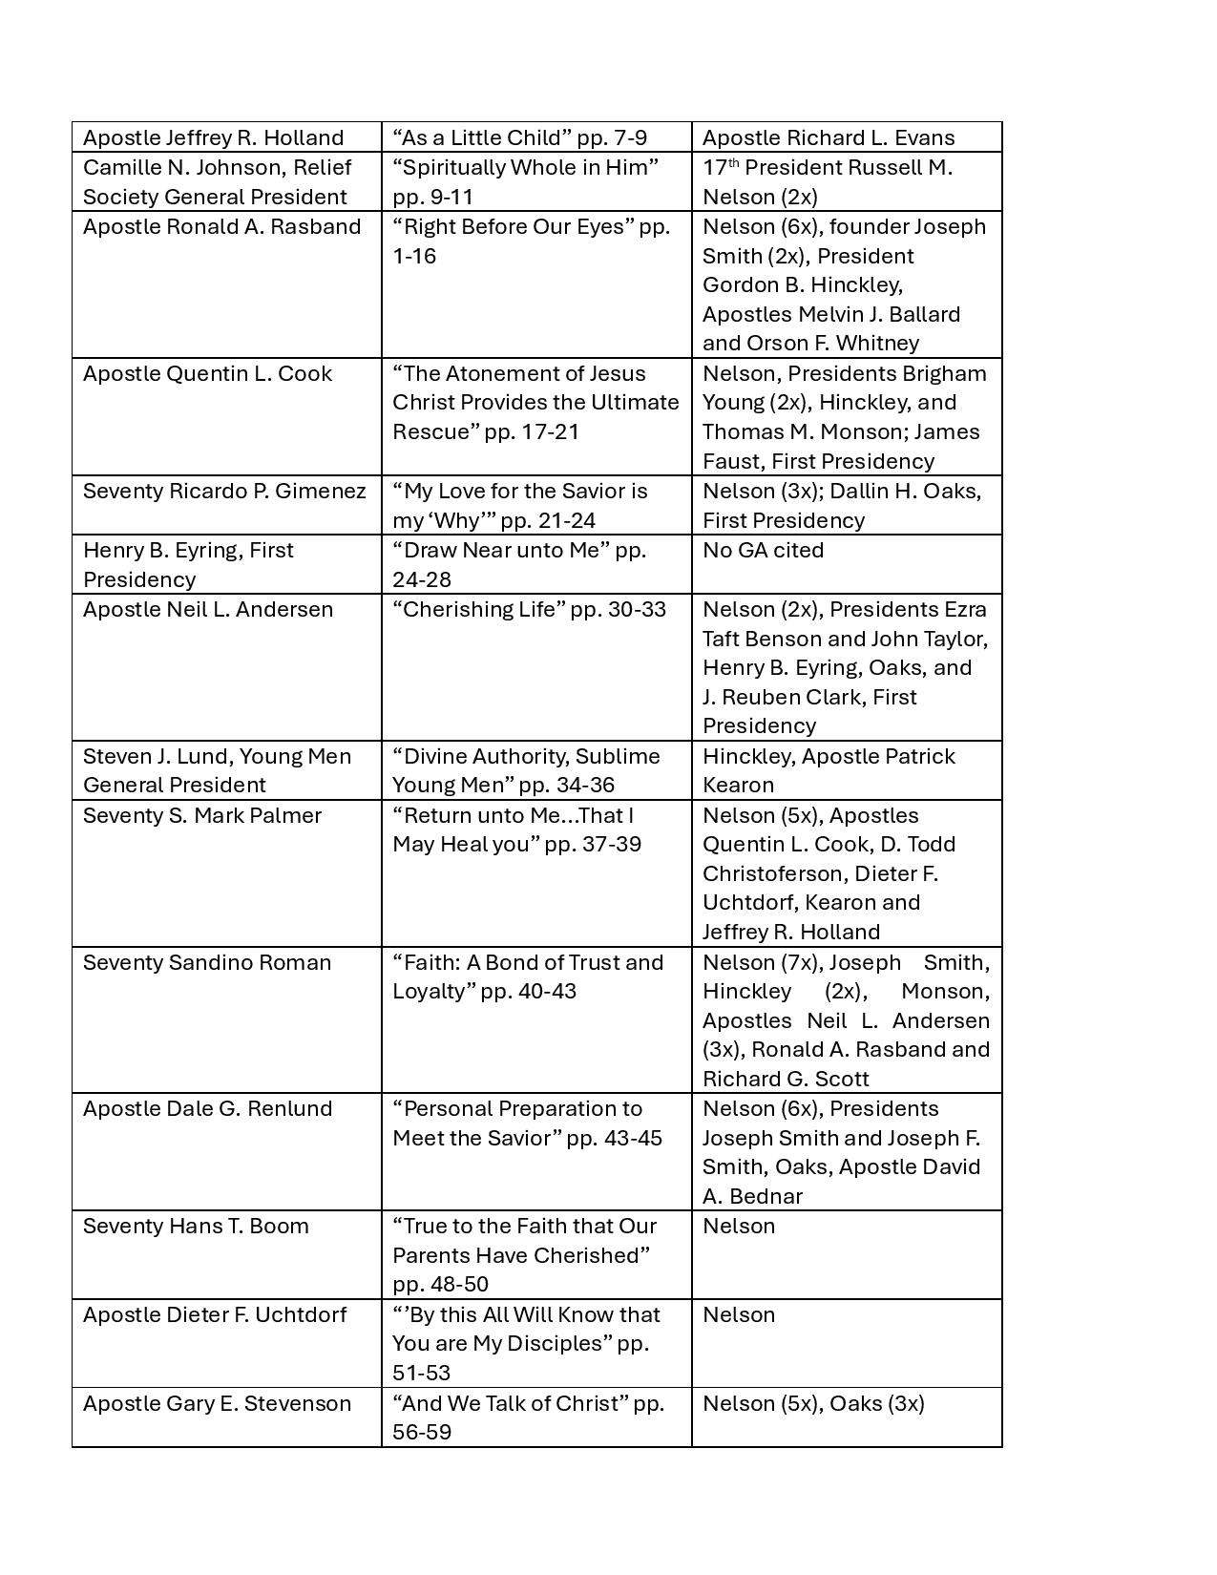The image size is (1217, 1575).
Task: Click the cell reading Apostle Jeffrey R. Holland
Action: (213, 137)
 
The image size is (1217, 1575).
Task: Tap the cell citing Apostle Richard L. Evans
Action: (828, 137)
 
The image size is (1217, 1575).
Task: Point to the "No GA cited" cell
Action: (763, 551)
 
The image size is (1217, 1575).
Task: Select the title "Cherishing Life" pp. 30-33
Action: (529, 610)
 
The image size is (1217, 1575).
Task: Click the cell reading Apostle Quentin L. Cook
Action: (207, 374)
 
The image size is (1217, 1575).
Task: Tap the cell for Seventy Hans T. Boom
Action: (196, 1227)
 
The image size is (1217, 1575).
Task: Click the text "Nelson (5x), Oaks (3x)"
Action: (813, 1404)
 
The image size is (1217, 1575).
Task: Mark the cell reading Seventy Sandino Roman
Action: (207, 963)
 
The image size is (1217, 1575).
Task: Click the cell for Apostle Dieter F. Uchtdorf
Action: (215, 1315)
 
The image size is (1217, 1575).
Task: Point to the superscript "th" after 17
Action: (734, 163)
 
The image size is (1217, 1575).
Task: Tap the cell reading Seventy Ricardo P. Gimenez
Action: (224, 492)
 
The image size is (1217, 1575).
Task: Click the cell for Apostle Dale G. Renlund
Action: (207, 1109)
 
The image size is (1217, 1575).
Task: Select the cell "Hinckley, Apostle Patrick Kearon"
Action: (828, 770)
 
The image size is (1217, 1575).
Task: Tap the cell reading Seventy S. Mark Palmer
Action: (202, 816)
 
